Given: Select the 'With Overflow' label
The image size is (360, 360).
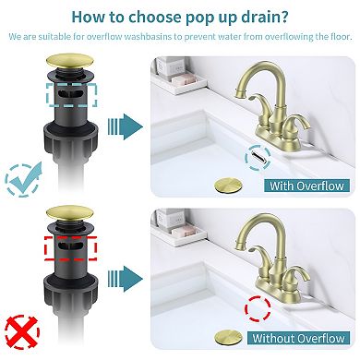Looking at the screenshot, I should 305,186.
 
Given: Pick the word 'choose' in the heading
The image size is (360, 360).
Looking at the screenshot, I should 142,16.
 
